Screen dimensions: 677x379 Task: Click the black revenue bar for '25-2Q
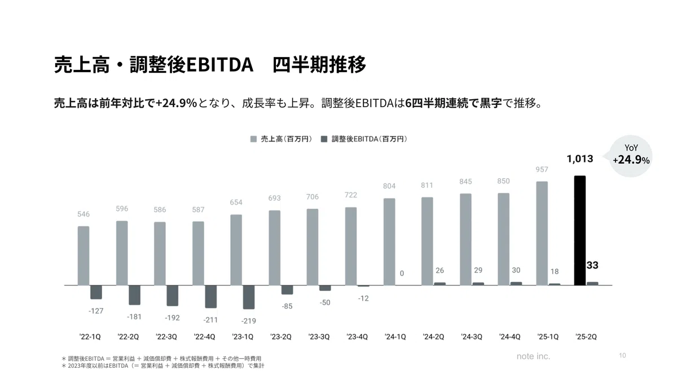tap(580, 230)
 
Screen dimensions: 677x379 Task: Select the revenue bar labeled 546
tap(83, 255)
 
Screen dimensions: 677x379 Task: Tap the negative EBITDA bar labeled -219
tap(248, 297)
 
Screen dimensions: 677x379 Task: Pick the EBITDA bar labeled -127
tap(96, 292)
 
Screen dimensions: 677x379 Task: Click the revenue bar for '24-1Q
tap(389, 242)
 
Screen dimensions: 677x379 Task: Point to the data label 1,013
tap(580, 158)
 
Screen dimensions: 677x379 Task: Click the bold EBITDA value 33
tap(592, 265)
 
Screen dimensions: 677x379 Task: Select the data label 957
tap(542, 169)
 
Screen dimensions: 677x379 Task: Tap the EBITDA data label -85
tap(287, 306)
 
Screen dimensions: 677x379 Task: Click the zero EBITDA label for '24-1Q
tap(402, 273)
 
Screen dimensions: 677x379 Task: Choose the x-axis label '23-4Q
tap(357, 337)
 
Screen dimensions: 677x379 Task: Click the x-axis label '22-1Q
tap(90, 337)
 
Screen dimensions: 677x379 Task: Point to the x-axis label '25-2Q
tap(586, 337)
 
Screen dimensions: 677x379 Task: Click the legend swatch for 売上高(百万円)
tap(253, 139)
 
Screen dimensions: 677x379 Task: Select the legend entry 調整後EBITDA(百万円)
tap(364, 139)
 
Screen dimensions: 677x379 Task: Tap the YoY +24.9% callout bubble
tap(631, 156)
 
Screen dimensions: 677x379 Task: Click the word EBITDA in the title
tap(219, 65)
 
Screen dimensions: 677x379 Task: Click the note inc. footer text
tap(533, 356)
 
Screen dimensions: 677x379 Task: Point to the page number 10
tap(622, 355)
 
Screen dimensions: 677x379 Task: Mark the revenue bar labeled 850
tap(503, 239)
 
